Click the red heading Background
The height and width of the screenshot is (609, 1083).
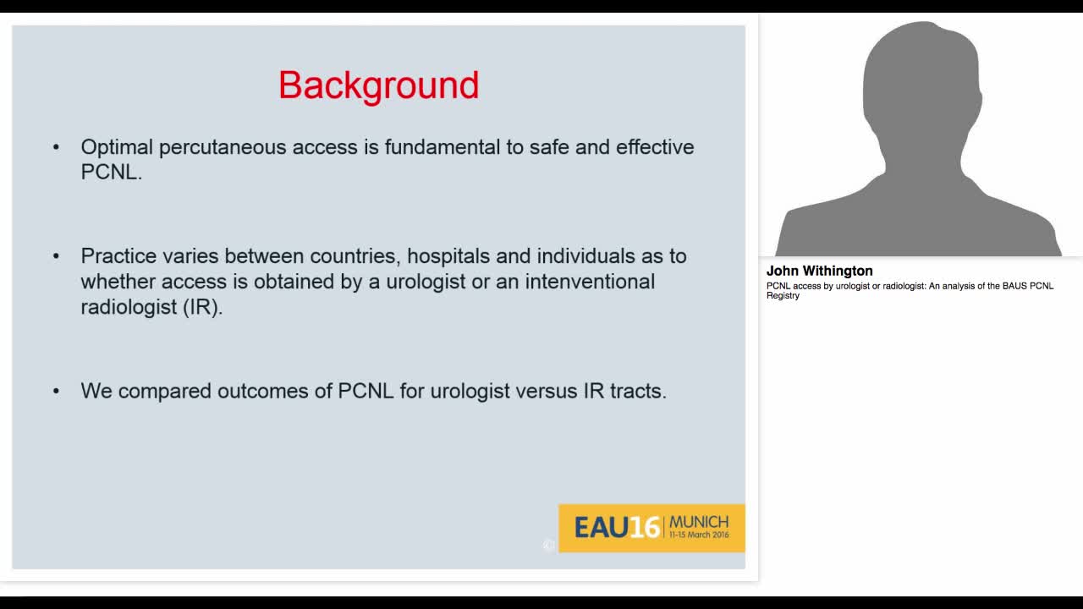pyautogui.click(x=378, y=85)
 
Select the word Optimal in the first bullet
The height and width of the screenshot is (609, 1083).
pyautogui.click(x=117, y=147)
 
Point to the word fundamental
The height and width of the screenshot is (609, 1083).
pyautogui.click(x=443, y=147)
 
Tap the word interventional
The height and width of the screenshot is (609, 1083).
pyautogui.click(x=590, y=282)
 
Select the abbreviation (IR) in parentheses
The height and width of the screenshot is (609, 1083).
pyautogui.click(x=202, y=307)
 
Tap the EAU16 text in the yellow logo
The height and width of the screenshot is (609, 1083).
pyautogui.click(x=616, y=528)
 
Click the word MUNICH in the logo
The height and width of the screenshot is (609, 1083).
pyautogui.click(x=699, y=522)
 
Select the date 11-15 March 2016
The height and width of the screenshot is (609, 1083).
pyautogui.click(x=699, y=535)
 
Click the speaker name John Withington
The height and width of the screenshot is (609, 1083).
pyautogui.click(x=819, y=272)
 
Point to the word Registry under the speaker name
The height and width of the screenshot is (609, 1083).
pyautogui.click(x=783, y=296)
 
